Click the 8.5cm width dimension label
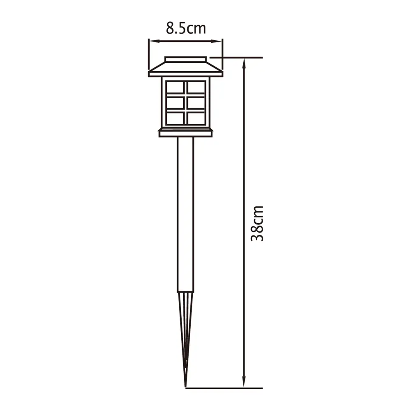pyautogui.click(x=186, y=28)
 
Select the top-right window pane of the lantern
pyautogui.click(x=196, y=87)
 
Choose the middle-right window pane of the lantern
pyautogui.click(x=196, y=103)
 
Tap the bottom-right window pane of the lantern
pyautogui.click(x=196, y=118)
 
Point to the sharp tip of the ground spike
pyautogui.click(x=186, y=386)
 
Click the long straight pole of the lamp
pyautogui.click(x=185, y=214)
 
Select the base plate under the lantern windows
pyautogui.click(x=185, y=133)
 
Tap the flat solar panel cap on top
pyautogui.click(x=185, y=60)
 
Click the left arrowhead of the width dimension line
pyautogui.click(x=151, y=41)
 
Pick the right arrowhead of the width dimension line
pyautogui.click(x=219, y=41)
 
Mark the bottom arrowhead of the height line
pyautogui.click(x=245, y=385)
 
